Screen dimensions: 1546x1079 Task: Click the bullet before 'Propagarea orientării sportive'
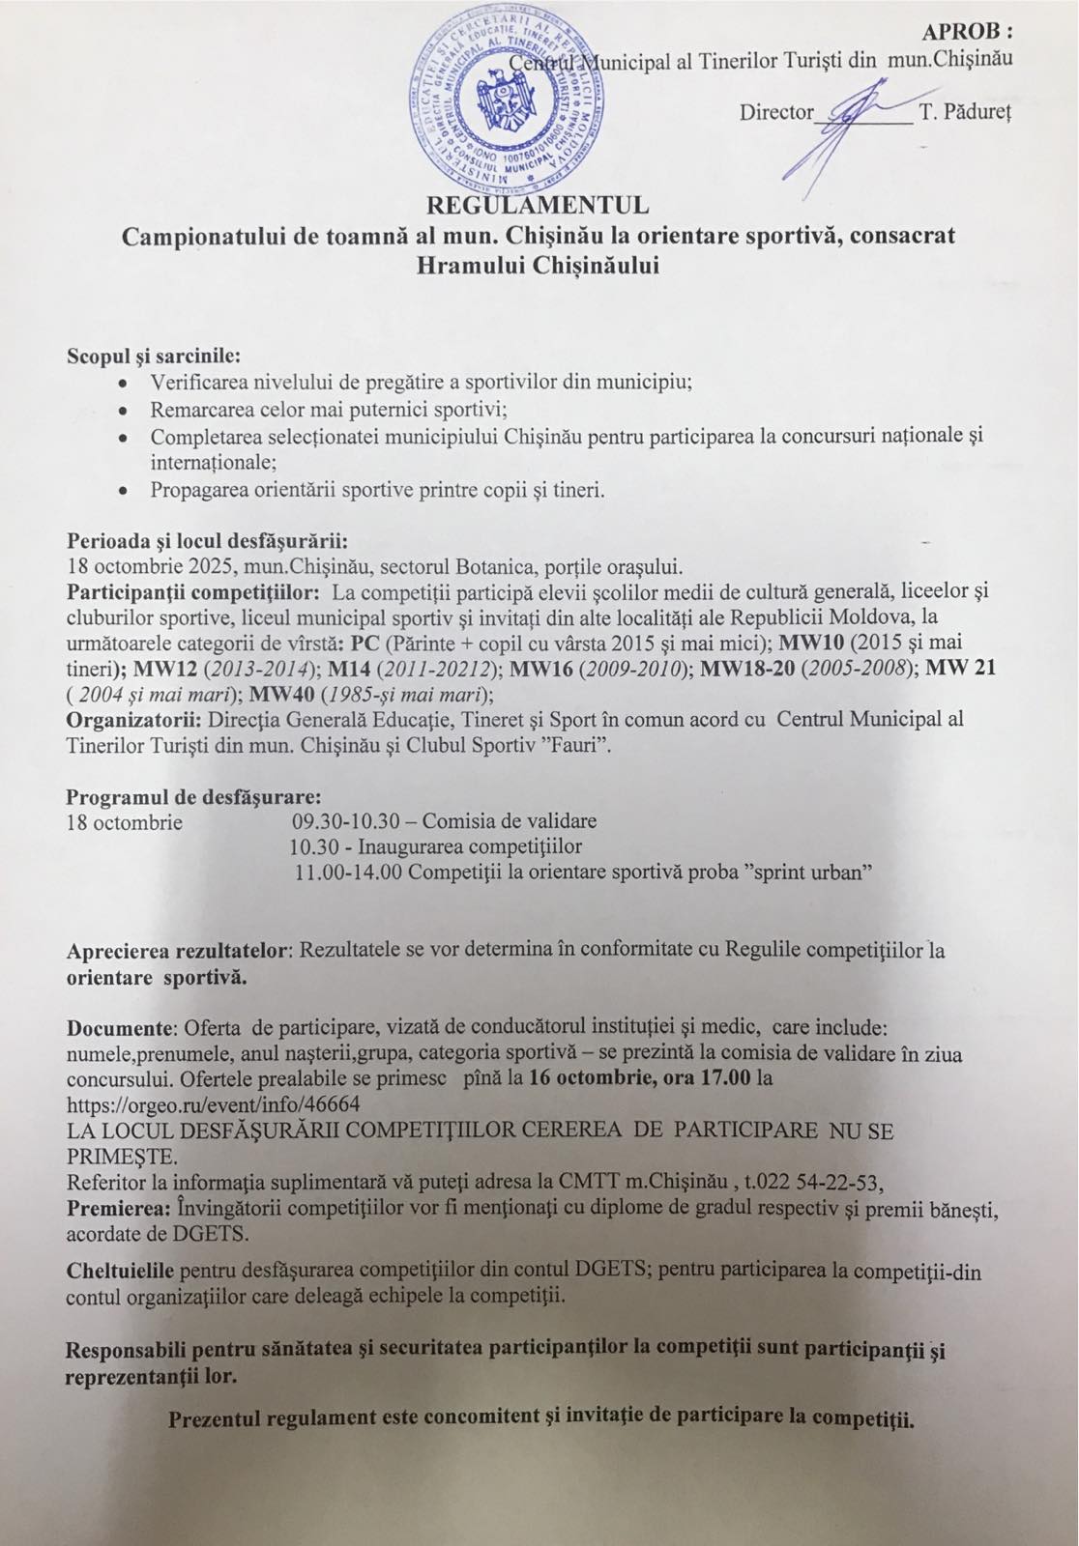coord(123,491)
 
